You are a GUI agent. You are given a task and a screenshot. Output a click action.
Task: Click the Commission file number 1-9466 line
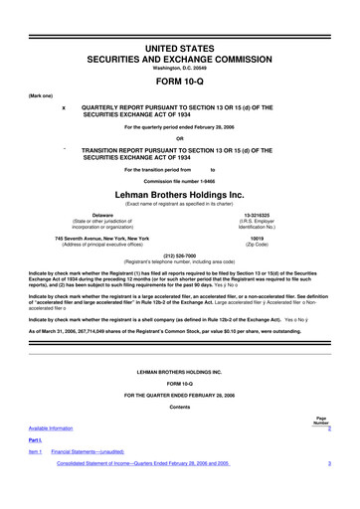point(179,181)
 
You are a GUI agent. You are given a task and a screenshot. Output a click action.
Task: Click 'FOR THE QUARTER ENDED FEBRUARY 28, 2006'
point(179,396)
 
